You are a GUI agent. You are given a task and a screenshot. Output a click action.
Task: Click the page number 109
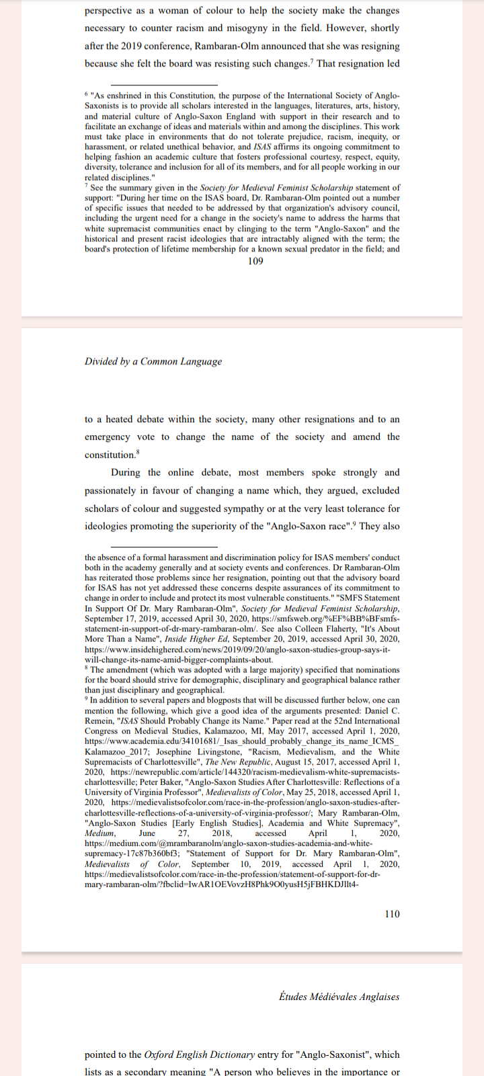click(255, 261)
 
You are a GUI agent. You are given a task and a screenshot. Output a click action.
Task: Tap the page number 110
click(392, 913)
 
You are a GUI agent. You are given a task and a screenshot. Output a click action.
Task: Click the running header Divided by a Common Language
click(153, 361)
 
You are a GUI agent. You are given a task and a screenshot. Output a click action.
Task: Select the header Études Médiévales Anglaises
click(339, 997)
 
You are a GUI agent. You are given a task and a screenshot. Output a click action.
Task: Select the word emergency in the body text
click(107, 437)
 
